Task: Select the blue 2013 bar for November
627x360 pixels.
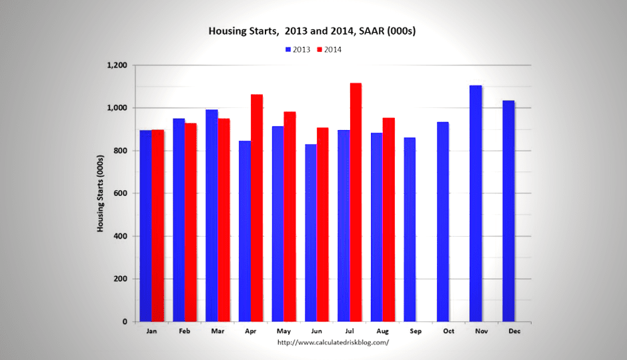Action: tap(476, 203)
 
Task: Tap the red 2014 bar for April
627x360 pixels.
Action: tap(257, 208)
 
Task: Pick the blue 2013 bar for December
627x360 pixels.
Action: tap(508, 211)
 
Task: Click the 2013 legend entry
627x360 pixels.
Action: tap(299, 49)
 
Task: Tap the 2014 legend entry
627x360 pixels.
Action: tap(331, 49)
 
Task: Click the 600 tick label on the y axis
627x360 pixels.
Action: tap(121, 193)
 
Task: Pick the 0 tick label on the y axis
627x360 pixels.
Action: tap(125, 322)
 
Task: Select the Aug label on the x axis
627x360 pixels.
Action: tap(383, 331)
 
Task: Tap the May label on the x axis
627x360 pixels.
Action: tap(283, 331)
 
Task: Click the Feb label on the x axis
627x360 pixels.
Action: tap(185, 331)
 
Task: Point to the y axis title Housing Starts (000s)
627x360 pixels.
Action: tap(101, 193)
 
